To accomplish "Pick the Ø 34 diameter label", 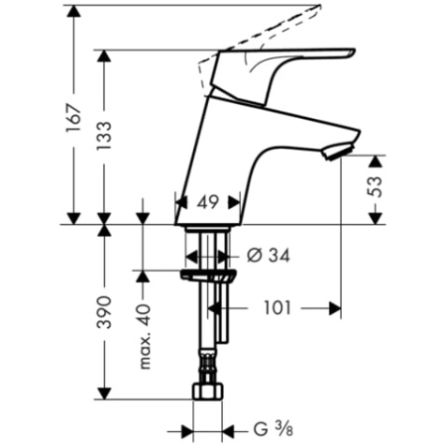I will coord(267,255).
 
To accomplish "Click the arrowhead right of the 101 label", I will coord(334,308).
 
